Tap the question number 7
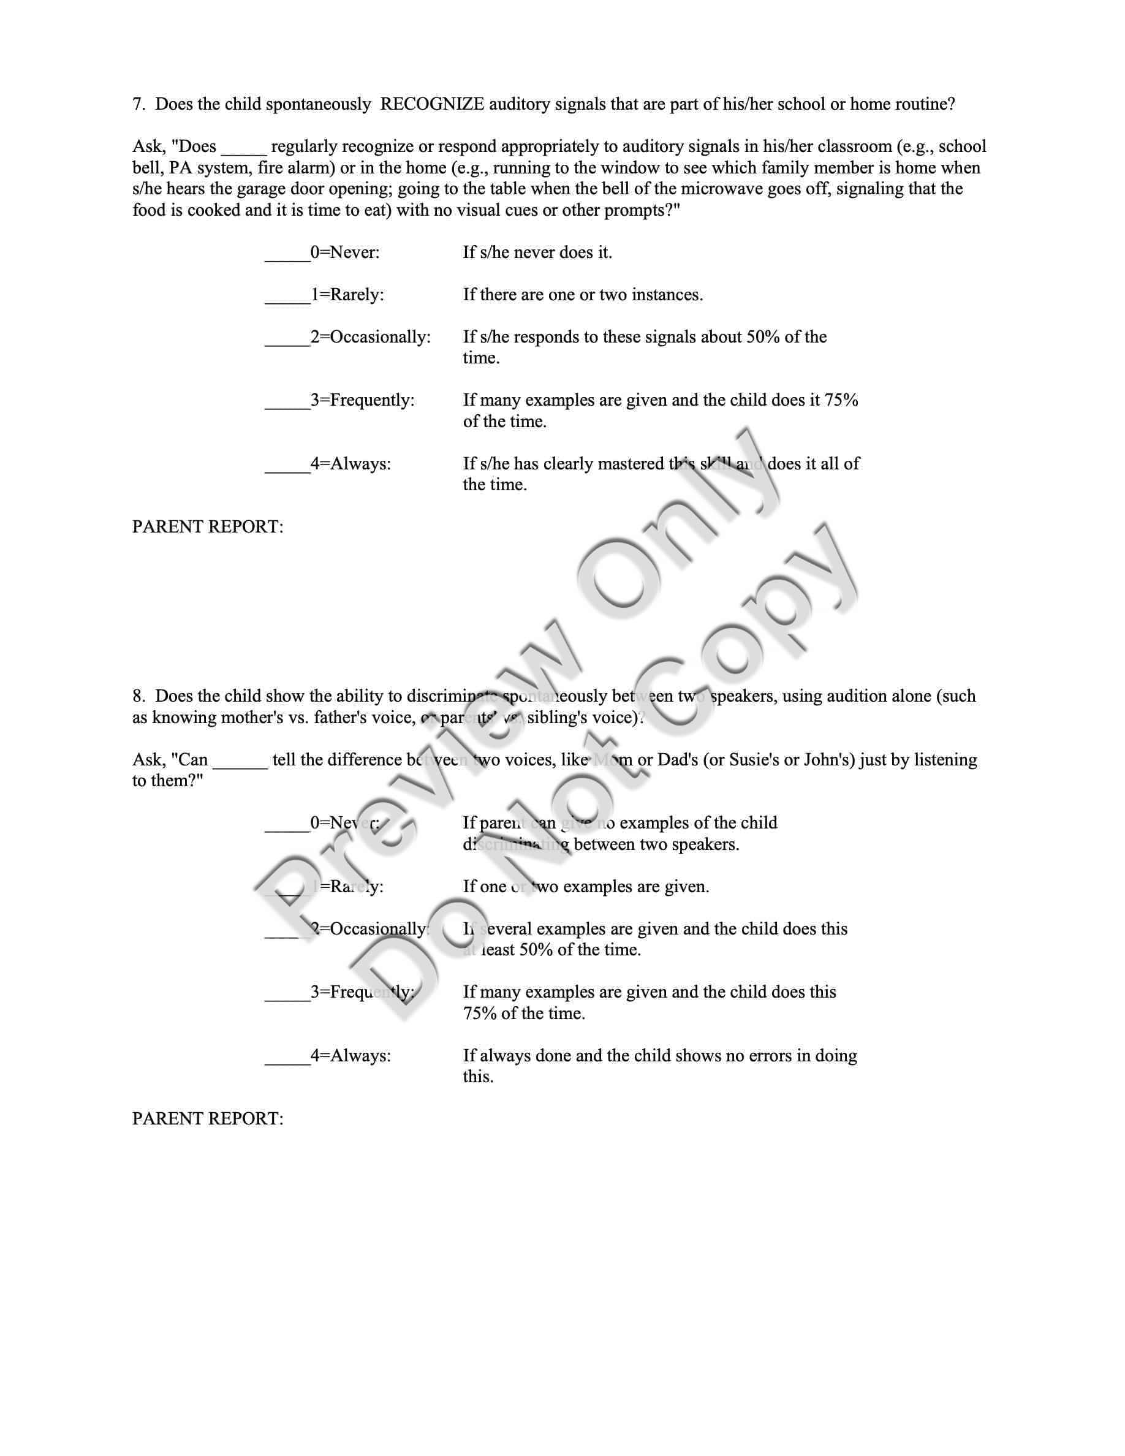click(x=138, y=104)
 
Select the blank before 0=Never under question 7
click(x=287, y=253)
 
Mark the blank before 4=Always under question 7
click(x=287, y=464)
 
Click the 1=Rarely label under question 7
click(x=347, y=295)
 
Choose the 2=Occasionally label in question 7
click(x=371, y=336)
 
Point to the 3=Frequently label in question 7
click(x=363, y=400)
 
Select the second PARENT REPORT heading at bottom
click(x=207, y=1119)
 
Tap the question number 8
click(x=138, y=696)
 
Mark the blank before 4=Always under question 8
click(x=287, y=1056)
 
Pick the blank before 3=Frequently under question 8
click(x=287, y=993)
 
